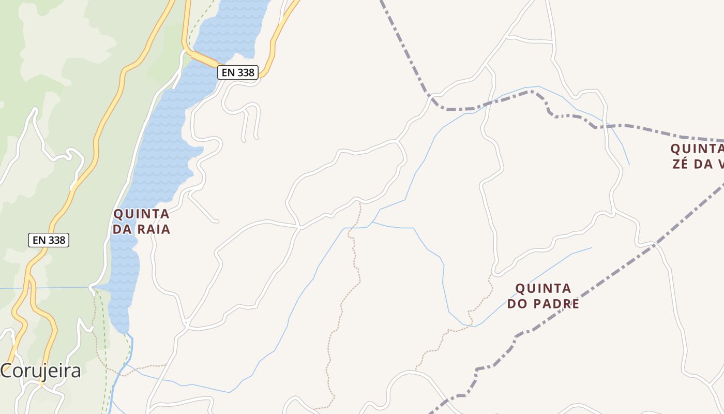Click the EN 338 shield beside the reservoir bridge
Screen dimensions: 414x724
point(237,72)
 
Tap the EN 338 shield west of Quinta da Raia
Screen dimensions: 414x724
point(49,240)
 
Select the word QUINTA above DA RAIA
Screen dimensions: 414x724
point(141,214)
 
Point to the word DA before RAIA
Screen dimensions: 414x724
point(122,229)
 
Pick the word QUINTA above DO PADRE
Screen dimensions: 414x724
point(543,288)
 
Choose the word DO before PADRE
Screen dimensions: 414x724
point(517,303)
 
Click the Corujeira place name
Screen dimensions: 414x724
point(40,371)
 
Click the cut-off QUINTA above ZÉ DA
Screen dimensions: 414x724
point(697,149)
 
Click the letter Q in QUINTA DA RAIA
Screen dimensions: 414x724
point(118,214)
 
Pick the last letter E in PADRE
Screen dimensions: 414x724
point(575,303)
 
